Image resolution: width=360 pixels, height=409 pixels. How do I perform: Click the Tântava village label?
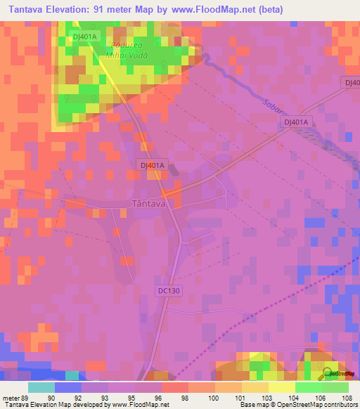point(149,204)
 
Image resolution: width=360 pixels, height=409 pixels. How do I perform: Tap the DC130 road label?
point(169,290)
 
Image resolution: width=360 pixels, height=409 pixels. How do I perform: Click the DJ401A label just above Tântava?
point(150,166)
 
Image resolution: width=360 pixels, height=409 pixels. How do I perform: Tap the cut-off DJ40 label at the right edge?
point(352,82)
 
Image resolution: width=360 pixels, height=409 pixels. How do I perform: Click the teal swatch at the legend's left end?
point(41,387)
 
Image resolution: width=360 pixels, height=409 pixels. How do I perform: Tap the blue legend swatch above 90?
point(68,387)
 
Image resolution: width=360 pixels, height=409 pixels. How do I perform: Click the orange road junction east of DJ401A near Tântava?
point(167,192)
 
